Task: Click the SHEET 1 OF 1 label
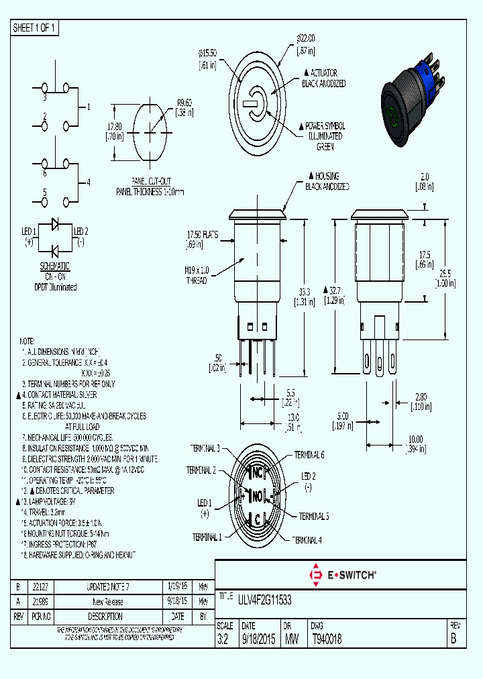pos(35,28)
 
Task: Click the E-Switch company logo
pos(342,574)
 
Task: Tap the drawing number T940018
pos(327,639)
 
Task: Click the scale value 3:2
pos(224,639)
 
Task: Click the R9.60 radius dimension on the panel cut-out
pos(184,103)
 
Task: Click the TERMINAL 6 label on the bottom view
pos(309,455)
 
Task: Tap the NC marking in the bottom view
pos(258,472)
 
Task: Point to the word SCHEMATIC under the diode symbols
pos(55,266)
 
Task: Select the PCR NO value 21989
pos(40,602)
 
